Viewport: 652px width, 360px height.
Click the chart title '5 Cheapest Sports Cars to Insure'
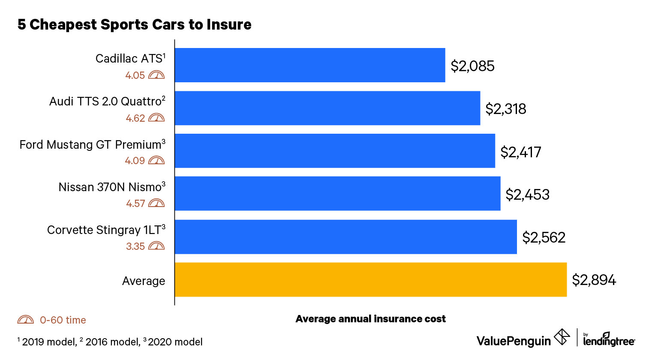coord(134,24)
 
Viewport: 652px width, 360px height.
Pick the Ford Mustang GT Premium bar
coord(334,151)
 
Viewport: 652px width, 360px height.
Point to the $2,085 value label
coord(472,66)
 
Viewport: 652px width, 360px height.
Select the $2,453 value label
coord(527,195)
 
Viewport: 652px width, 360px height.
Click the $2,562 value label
coord(544,237)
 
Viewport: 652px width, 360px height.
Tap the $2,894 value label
coord(594,280)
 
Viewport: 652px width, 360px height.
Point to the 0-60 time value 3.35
coord(135,246)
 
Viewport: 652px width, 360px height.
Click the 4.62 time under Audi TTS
coord(135,118)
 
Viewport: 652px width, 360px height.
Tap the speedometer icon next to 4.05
coord(156,75)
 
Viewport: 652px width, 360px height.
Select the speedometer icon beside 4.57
coord(156,203)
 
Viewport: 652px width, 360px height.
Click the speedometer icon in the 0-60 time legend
coord(26,320)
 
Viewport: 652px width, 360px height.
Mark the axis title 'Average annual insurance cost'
coord(370,319)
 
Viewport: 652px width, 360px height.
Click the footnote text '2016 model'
coord(112,342)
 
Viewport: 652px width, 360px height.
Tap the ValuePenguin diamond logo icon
coord(562,337)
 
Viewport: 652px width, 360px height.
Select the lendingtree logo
coord(609,339)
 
